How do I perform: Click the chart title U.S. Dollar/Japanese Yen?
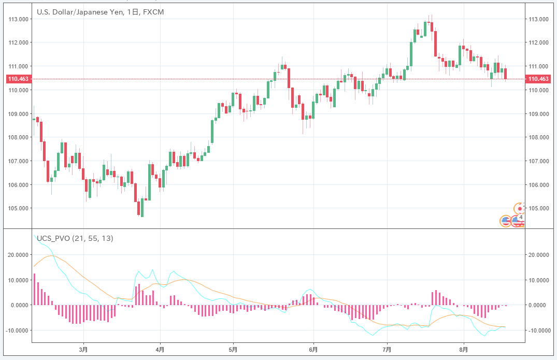78,12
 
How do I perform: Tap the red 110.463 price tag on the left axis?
17,79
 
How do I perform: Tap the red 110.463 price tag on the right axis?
537,79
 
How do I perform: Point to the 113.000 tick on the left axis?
18,20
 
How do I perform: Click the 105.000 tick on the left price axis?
18,209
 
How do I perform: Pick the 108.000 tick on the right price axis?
538,138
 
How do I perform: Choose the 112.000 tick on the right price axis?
538,43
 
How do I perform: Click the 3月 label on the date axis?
83,349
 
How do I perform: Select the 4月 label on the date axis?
160,349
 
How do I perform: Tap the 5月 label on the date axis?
234,349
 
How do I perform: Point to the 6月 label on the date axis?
313,349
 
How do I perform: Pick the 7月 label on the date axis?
387,349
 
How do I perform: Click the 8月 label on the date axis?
464,349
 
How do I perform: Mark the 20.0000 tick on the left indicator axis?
17,255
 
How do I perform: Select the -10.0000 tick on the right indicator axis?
539,330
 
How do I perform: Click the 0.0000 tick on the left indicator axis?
18,305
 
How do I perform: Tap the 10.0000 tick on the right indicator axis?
539,280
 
